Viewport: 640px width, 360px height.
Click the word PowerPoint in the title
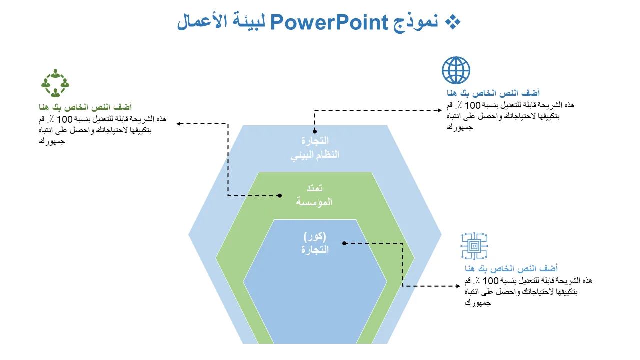point(329,22)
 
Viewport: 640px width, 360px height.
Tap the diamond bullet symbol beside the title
point(453,22)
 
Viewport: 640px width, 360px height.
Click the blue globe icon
point(456,70)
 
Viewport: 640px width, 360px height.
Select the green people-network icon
point(55,83)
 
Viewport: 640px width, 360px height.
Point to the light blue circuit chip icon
point(474,246)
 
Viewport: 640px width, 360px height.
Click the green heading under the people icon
point(85,107)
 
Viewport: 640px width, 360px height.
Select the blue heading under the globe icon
point(493,93)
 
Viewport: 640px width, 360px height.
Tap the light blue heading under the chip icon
point(511,268)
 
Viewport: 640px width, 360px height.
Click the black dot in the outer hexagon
point(315,131)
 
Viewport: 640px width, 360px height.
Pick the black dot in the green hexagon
point(280,195)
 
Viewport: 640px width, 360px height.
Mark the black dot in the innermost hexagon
point(344,243)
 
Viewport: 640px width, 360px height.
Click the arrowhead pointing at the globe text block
point(440,110)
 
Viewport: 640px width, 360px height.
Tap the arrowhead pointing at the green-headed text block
point(179,124)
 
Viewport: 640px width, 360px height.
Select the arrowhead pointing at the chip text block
point(458,286)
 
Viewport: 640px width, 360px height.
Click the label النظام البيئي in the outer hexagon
point(315,155)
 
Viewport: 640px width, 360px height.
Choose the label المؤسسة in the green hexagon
point(314,202)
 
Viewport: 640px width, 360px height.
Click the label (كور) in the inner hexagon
point(315,236)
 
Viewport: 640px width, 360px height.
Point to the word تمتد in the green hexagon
point(314,188)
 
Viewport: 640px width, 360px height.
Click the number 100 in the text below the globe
point(472,105)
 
